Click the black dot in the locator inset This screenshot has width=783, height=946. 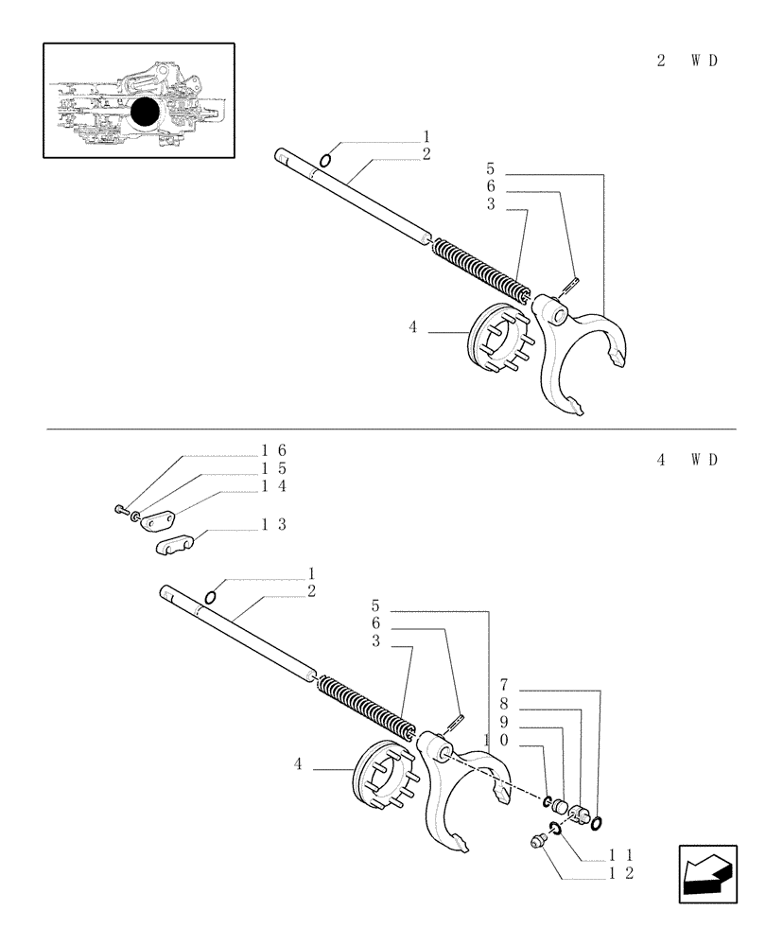[145, 113]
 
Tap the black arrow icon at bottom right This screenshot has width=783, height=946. [706, 874]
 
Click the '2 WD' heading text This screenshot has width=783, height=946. [687, 61]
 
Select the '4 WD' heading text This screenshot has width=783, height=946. [687, 461]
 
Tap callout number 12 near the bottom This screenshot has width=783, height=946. [621, 872]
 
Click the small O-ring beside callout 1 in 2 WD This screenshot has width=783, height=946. [324, 159]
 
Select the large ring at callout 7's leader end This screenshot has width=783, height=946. [597, 823]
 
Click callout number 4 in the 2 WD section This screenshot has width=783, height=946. [413, 327]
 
